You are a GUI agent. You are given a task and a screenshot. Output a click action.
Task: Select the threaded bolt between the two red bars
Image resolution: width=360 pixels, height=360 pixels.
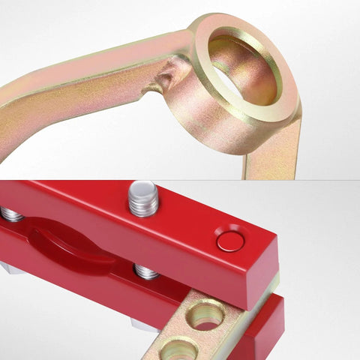[x=145, y=271]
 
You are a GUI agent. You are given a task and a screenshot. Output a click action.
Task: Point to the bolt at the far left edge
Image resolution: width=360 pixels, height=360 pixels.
[x=9, y=214]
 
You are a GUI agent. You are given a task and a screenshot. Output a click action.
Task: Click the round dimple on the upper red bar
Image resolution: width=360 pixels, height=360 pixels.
[x=229, y=241]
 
